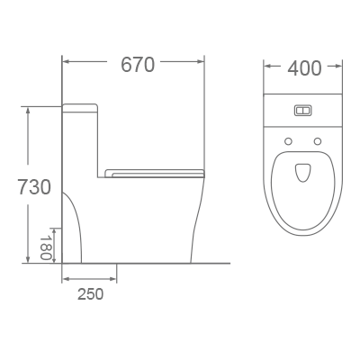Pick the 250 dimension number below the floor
pyautogui.click(x=90, y=293)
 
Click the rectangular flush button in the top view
pyautogui.click(x=303, y=112)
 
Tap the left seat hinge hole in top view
pyautogui.click(x=288, y=141)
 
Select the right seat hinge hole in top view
pyautogui.click(x=318, y=141)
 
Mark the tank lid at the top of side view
pyautogui.click(x=79, y=107)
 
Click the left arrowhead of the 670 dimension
pyautogui.click(x=66, y=63)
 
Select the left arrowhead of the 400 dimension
pyautogui.click(x=267, y=67)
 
